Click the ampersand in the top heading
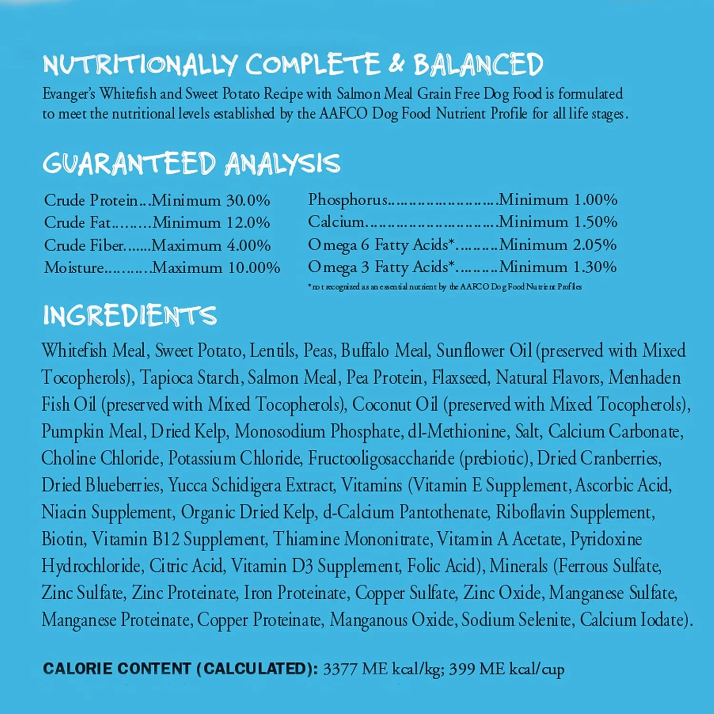(396, 64)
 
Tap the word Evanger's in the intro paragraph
(69, 94)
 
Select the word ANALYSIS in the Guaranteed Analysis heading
(282, 163)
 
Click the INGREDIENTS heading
(130, 315)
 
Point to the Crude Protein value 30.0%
(248, 200)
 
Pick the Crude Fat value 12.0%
(248, 223)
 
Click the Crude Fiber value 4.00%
(248, 246)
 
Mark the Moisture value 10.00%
(254, 268)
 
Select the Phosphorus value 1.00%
(595, 199)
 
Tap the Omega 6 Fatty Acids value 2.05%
(595, 245)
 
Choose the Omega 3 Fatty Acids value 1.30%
(595, 267)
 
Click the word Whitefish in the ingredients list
(74, 351)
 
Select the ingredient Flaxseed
(460, 377)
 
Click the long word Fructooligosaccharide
(381, 458)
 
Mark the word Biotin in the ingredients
(63, 539)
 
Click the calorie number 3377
(340, 669)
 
